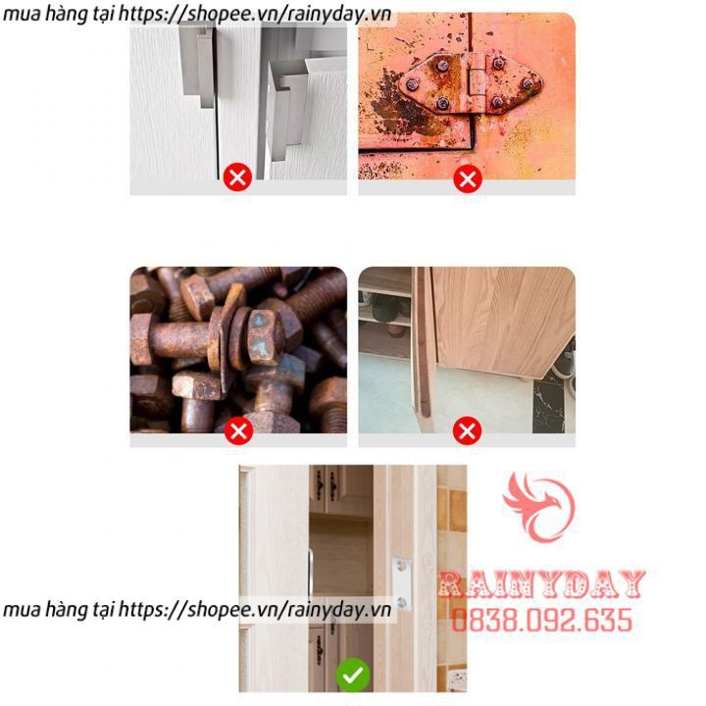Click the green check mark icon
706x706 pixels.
[353, 675]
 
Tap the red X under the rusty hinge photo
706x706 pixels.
[468, 179]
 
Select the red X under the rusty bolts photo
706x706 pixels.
[238, 430]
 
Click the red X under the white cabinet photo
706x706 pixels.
[237, 177]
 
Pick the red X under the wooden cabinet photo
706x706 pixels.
[467, 430]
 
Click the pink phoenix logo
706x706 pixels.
[539, 507]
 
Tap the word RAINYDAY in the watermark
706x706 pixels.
[541, 584]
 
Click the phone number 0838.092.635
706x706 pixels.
[542, 620]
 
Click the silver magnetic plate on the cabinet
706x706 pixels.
[402, 584]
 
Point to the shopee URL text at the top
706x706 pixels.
[197, 14]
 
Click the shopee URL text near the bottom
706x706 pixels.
[197, 610]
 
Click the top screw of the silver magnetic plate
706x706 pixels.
[402, 566]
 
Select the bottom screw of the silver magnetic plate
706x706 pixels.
[402, 602]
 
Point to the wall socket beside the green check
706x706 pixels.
[458, 681]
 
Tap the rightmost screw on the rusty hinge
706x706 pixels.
[528, 83]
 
